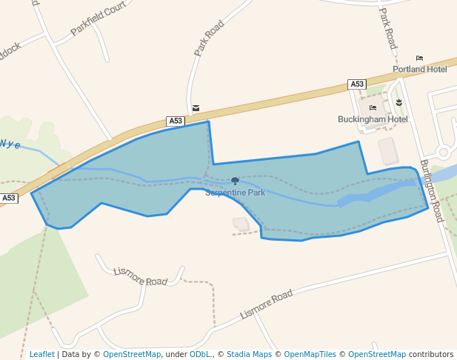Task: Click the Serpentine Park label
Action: coord(235,193)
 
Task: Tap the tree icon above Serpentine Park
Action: coord(235,181)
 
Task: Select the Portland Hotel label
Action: coord(420,70)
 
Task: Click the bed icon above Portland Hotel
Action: coord(420,58)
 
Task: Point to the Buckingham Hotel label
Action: coord(373,119)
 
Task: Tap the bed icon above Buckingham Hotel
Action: coord(373,108)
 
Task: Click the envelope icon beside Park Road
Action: coord(196,108)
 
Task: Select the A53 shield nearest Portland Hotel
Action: coord(357,84)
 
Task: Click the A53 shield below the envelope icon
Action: coord(175,121)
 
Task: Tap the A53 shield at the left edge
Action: coord(8,199)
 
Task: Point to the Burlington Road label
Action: coord(430,190)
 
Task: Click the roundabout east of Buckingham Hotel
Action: coord(444,153)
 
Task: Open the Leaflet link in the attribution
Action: coord(42,355)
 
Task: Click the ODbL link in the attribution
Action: coord(200,355)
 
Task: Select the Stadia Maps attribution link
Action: coord(249,355)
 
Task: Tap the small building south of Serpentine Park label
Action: coord(240,222)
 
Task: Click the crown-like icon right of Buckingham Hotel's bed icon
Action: coord(398,101)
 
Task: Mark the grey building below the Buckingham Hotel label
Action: coord(388,151)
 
